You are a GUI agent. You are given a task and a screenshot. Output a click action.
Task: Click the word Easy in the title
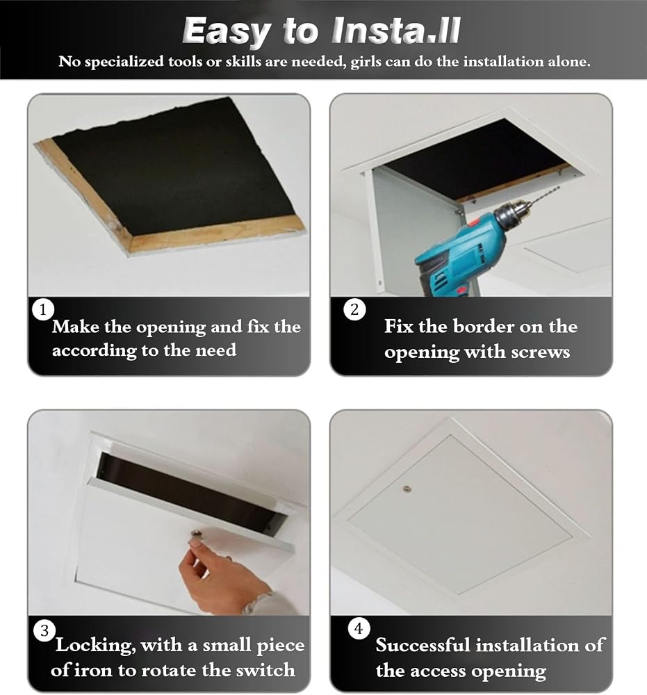(x=226, y=32)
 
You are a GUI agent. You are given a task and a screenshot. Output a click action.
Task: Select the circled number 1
(x=43, y=309)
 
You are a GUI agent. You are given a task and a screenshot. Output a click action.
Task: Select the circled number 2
(x=354, y=309)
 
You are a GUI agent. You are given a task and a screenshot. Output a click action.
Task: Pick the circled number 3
(x=44, y=630)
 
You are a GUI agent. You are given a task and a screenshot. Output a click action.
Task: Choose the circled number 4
(x=359, y=628)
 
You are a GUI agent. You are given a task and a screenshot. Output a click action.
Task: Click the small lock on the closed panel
(x=407, y=490)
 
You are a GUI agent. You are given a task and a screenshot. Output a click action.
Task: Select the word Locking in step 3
(x=95, y=646)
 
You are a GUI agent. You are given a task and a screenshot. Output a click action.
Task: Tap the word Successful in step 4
(x=423, y=645)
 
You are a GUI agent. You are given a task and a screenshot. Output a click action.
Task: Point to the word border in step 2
(x=483, y=326)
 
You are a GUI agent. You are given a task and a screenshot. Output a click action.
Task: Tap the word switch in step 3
(x=265, y=669)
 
